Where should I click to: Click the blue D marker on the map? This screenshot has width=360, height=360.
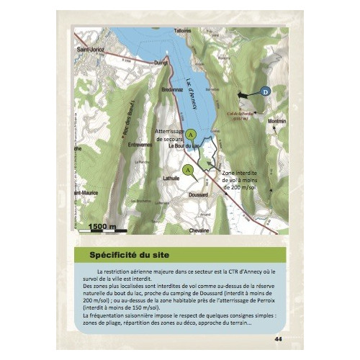click(x=265, y=92)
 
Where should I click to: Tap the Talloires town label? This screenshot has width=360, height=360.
click(x=181, y=30)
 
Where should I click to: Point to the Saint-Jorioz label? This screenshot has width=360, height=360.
click(x=91, y=49)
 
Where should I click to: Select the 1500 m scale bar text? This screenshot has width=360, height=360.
click(x=102, y=227)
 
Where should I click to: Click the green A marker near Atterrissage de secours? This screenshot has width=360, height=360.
click(x=190, y=134)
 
